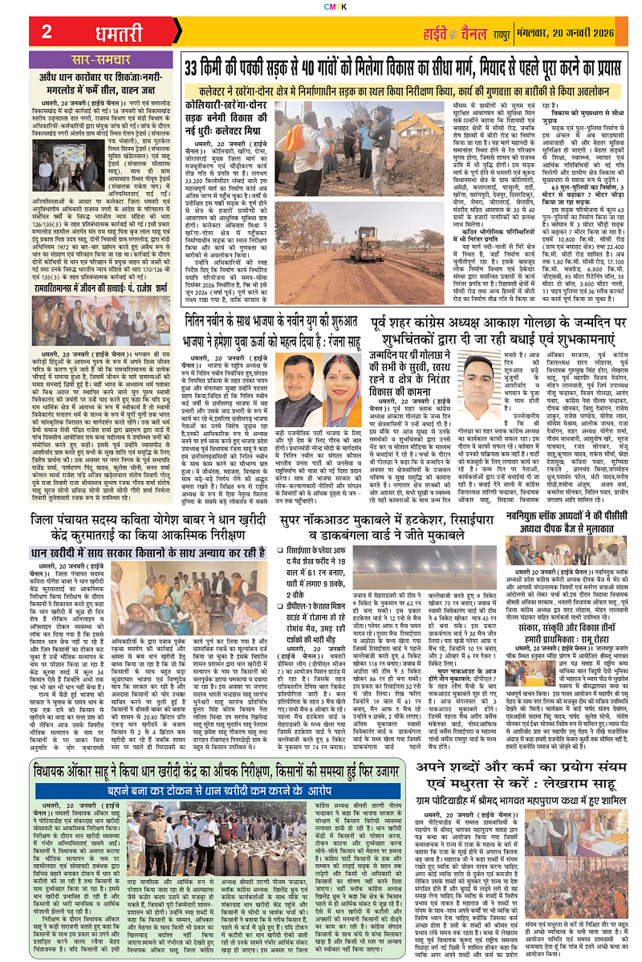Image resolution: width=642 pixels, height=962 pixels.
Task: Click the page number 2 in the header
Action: pos(47,32)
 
